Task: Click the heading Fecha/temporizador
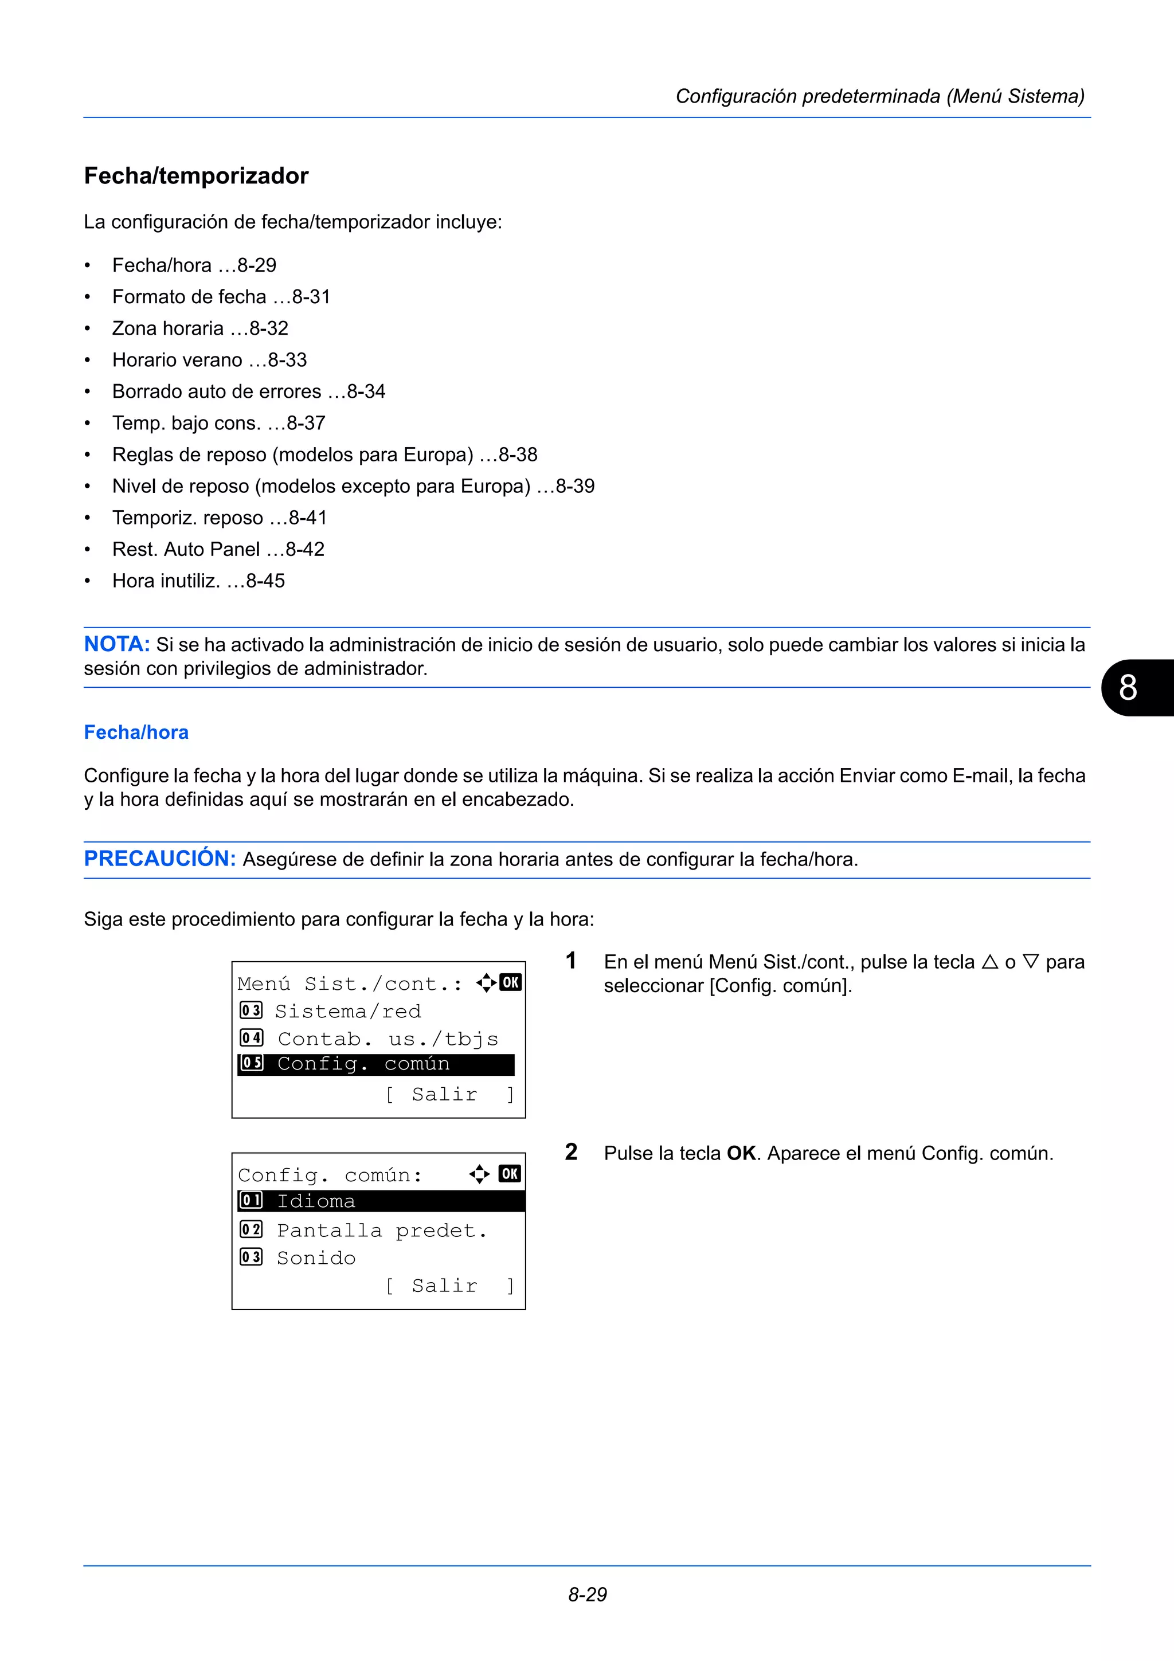(x=196, y=176)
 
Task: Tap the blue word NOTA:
(x=116, y=644)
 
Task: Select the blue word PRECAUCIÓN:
(x=160, y=859)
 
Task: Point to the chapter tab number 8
(x=1128, y=687)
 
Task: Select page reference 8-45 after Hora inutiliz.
(x=265, y=581)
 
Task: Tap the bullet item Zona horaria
(x=168, y=328)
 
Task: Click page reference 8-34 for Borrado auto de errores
(x=366, y=391)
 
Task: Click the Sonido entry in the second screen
(x=316, y=1258)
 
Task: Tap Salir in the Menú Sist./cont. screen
(x=444, y=1095)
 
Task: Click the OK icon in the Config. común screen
(x=510, y=1173)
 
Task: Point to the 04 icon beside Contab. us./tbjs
(x=251, y=1038)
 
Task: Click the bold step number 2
(x=571, y=1151)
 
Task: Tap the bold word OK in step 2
(x=741, y=1153)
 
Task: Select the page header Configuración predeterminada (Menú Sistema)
(x=879, y=96)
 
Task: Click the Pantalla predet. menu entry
(x=382, y=1231)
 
